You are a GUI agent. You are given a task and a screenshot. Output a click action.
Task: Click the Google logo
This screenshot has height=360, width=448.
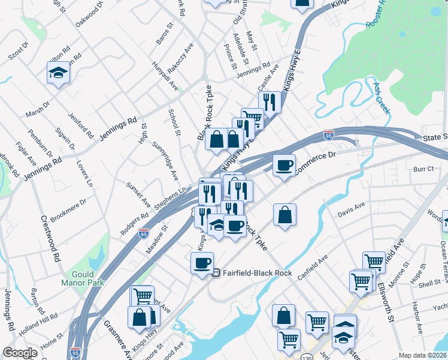(x=20, y=353)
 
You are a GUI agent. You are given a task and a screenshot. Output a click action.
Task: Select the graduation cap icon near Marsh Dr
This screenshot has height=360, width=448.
(x=58, y=74)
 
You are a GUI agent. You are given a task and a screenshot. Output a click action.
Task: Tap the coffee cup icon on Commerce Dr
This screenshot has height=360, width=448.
(x=284, y=164)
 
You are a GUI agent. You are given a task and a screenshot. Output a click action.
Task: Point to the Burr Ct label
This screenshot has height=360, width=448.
(x=423, y=170)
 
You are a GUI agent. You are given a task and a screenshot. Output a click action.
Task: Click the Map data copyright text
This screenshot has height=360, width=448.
(x=423, y=355)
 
